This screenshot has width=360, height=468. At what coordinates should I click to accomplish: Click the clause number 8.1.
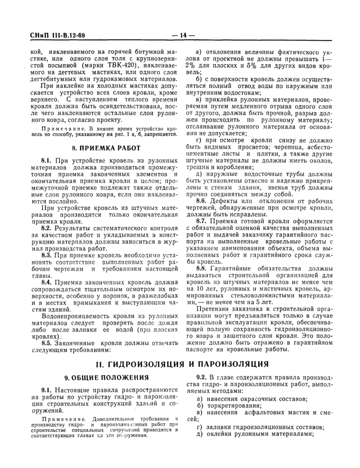pyautogui.click(x=47, y=161)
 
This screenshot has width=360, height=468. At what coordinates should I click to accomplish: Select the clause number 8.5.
pyautogui.click(x=47, y=341)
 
